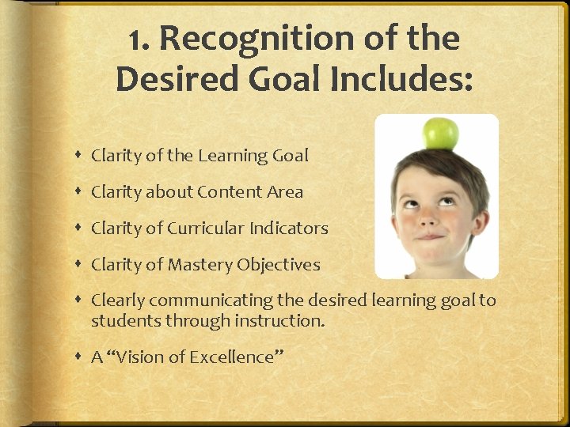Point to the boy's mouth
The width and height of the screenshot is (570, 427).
(x=431, y=236)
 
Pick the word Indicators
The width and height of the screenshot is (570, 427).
(x=289, y=229)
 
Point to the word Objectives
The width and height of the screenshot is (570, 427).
(x=278, y=265)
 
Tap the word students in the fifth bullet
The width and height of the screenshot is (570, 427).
(x=121, y=320)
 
